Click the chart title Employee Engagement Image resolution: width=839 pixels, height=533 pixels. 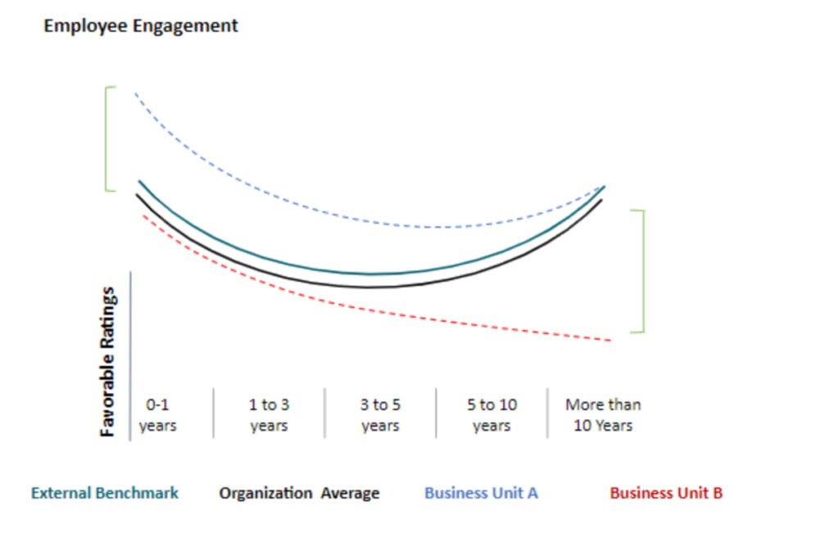140,25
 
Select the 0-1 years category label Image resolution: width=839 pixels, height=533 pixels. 158,415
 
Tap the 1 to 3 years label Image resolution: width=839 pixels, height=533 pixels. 269,415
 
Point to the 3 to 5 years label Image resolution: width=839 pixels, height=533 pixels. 380,415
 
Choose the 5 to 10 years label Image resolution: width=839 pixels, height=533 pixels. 492,415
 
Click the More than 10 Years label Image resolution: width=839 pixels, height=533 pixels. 603,415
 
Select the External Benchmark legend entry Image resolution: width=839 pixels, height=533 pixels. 105,493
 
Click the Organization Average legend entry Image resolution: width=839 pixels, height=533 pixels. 299,493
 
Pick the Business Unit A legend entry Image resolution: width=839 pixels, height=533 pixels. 481,493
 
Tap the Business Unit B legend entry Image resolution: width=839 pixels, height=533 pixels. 666,493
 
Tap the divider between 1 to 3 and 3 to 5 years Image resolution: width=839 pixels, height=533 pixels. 324,413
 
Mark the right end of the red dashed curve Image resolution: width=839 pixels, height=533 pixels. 609,339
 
